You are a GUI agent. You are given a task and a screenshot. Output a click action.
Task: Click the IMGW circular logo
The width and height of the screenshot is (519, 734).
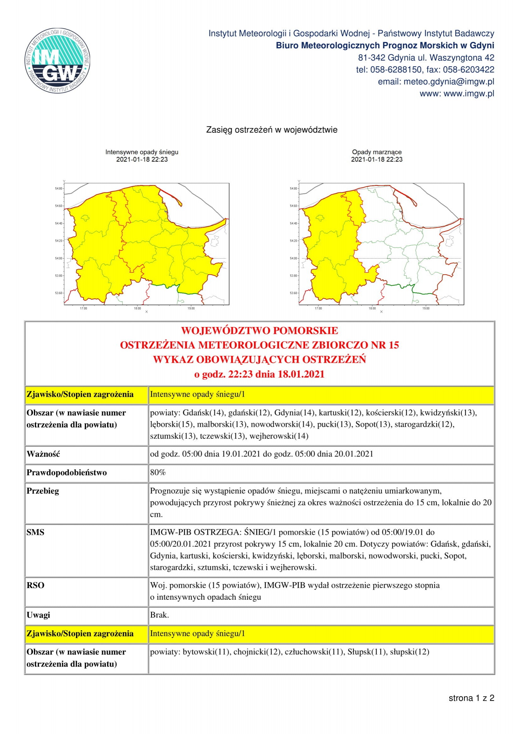[x=57, y=61]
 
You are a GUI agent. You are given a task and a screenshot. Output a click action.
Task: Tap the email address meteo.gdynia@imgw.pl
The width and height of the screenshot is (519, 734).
[x=449, y=82]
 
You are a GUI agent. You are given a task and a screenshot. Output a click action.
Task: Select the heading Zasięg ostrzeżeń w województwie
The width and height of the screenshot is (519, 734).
[x=271, y=130]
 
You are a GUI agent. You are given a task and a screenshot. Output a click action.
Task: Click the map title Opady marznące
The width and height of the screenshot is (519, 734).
[x=377, y=152]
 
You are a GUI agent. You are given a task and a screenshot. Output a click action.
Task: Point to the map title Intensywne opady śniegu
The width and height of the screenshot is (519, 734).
[x=142, y=152]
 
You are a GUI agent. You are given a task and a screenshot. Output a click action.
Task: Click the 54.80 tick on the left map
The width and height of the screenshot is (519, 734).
[x=58, y=189]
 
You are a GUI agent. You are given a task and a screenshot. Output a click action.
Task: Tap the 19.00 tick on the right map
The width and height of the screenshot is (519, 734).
[x=426, y=308]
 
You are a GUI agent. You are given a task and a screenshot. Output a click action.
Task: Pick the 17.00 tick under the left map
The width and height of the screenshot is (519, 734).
[x=84, y=308]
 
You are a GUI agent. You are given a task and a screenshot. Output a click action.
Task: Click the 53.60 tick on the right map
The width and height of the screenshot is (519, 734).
[x=293, y=293]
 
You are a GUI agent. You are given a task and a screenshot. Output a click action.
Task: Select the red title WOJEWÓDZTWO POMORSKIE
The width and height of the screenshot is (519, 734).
[x=259, y=330]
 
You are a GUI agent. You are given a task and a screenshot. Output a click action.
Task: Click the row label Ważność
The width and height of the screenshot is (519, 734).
[x=43, y=454]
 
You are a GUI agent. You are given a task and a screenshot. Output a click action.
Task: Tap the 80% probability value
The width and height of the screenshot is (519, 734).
[x=158, y=472]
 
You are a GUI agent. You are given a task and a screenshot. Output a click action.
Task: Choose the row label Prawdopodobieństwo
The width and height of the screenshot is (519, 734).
[x=67, y=473]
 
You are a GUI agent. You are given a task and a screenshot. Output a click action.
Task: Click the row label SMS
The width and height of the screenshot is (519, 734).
[x=35, y=532]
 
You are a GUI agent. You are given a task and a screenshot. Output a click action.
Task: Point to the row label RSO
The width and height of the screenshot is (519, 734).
[x=35, y=585]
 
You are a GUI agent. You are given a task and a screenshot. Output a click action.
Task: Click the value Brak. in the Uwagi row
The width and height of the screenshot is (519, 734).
[x=159, y=615]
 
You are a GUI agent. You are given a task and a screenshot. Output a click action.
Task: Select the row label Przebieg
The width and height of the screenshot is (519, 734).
[x=42, y=491]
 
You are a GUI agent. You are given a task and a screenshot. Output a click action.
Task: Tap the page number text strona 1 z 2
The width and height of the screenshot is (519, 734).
[x=471, y=698]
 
